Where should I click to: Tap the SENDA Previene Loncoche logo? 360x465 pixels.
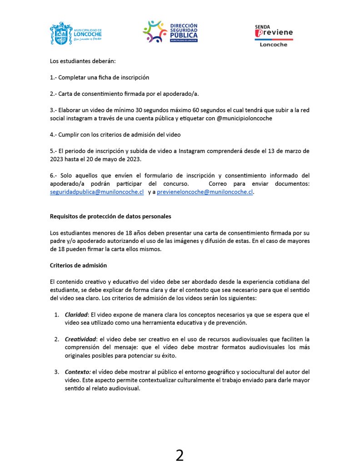coord(274,35)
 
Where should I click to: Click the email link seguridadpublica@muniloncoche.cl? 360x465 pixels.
coord(97,192)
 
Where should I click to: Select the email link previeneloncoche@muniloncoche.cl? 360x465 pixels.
coord(205,192)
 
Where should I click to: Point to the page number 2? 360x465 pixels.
coord(180,455)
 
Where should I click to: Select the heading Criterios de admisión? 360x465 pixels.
coord(78,265)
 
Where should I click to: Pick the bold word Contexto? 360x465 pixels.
coord(77,372)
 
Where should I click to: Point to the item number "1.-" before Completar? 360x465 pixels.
coord(53,77)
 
